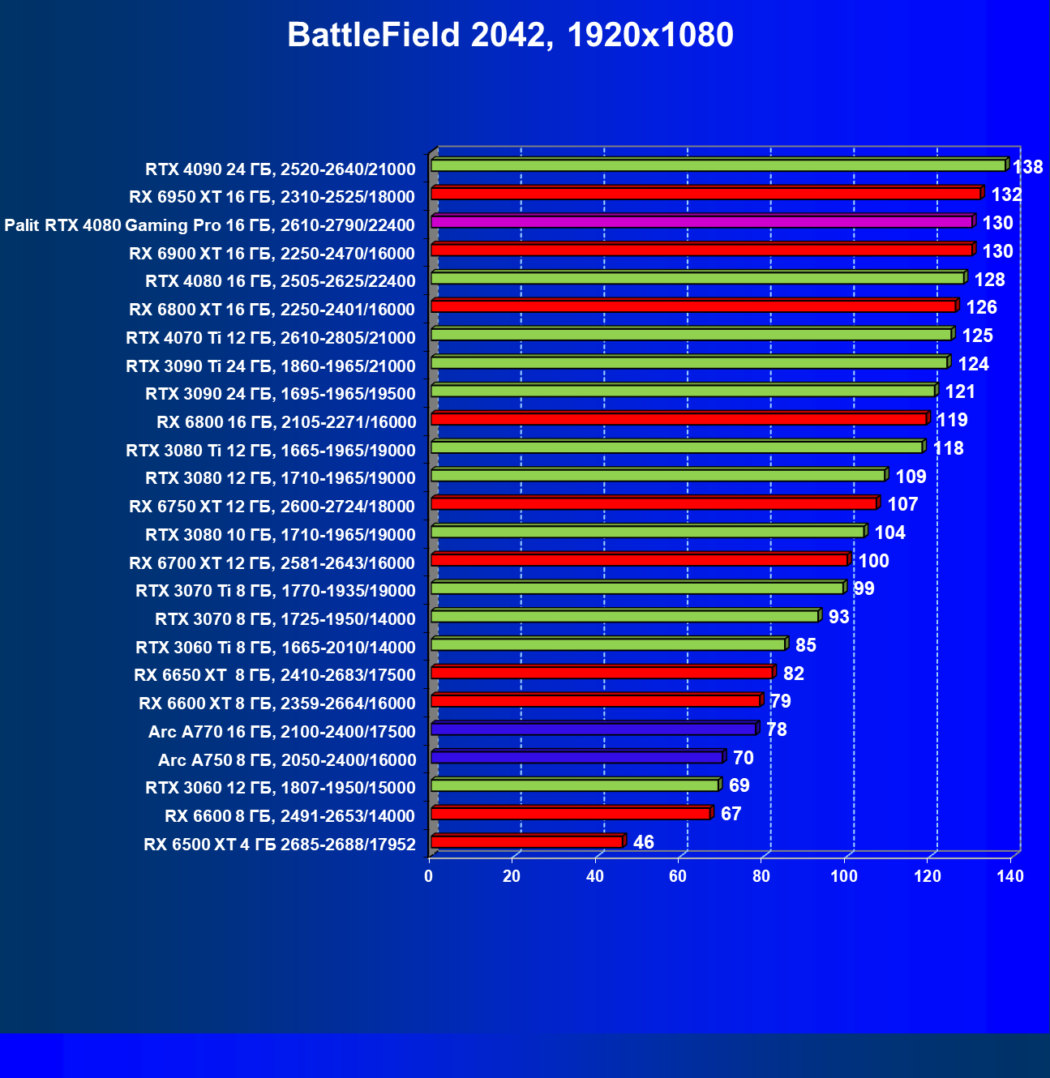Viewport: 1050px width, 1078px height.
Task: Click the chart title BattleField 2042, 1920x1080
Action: point(510,35)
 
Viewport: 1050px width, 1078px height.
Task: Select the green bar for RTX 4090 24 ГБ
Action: point(718,165)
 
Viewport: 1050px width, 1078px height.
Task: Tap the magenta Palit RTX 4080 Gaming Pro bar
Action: point(701,221)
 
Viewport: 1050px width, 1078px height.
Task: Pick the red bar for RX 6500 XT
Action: point(527,841)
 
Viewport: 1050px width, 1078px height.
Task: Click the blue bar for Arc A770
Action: point(594,729)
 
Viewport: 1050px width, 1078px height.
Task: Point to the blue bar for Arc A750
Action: point(576,757)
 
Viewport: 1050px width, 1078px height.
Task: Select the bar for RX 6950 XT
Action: point(705,193)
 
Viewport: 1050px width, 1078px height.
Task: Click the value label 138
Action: point(1027,167)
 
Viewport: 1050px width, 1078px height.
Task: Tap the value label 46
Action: point(643,842)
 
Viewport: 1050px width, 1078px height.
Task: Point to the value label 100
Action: point(873,561)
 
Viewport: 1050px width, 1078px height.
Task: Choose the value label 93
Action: point(838,617)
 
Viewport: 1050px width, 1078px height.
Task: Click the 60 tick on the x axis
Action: point(678,876)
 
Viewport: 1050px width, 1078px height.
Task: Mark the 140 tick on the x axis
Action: point(1010,876)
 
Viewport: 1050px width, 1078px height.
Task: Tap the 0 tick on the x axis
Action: point(429,876)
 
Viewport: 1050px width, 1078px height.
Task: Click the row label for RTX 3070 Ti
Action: point(276,591)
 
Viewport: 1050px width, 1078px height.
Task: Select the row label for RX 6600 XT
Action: point(276,704)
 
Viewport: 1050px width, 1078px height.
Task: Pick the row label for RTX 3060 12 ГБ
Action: point(280,788)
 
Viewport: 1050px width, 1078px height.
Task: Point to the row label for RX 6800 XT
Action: point(272,310)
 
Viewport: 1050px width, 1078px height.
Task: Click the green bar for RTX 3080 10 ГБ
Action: point(648,531)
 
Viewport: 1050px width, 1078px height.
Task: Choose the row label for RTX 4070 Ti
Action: point(270,338)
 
